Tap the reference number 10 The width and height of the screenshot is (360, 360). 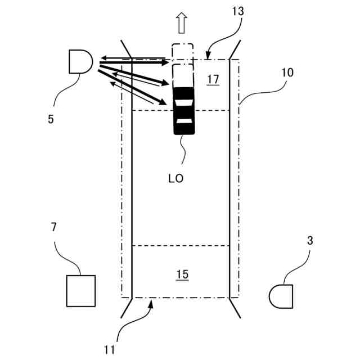tap(287, 73)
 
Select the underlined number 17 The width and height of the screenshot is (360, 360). tap(212, 80)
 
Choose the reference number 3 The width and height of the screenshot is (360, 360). tap(310, 241)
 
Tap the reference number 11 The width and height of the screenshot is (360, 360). tap(110, 349)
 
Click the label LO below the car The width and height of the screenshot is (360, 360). tap(175, 178)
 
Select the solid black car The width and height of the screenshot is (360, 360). tap(184, 111)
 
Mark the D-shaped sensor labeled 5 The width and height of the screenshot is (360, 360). tap(80, 61)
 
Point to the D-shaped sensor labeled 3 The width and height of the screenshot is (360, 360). tap(281, 295)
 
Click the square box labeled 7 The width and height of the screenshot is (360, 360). tap(80, 290)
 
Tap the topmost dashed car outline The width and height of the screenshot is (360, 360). tap(182, 52)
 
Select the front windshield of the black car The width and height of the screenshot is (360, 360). tap(184, 102)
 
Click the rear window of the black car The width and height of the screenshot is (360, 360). tap(184, 121)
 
